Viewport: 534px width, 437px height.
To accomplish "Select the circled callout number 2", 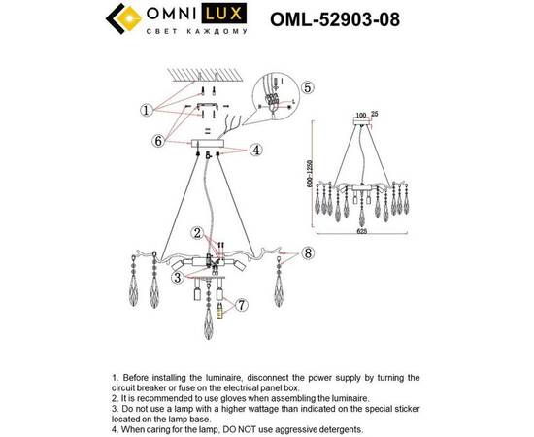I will coord(197,233).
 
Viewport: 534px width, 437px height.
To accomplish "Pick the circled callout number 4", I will coord(256,150).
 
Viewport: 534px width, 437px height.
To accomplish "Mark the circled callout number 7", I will coord(243,305).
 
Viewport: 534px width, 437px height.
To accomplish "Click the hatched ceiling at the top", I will coord(208,72).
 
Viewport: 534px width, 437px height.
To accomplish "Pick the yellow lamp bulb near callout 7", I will coord(218,310).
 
